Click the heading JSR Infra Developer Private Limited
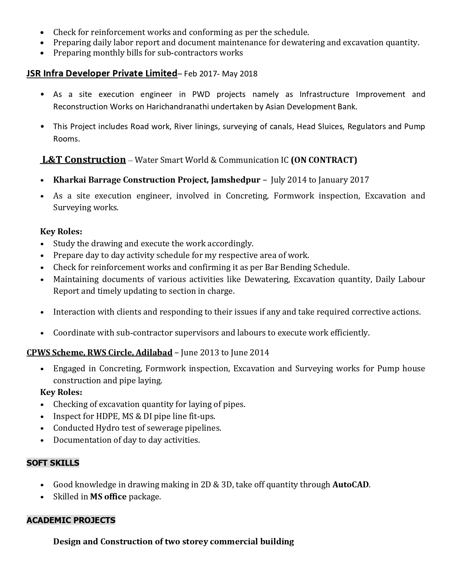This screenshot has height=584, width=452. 102,73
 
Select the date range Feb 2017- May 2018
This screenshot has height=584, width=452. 221,74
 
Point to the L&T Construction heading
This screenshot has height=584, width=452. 84,160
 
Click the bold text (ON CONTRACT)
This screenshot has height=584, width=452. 324,160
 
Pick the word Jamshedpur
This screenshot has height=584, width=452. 235,180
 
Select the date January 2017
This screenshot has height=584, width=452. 344,180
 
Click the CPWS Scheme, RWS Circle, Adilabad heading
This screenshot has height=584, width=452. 99,353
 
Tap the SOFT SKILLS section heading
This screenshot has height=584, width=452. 53,463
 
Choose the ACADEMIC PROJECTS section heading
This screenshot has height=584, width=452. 71,520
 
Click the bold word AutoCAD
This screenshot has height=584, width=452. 350,485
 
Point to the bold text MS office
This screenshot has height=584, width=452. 108,497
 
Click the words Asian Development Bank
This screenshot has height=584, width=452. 311,107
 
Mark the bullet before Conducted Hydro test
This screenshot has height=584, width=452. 43,428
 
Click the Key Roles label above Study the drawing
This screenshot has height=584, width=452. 61,231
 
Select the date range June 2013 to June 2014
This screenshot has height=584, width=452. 225,353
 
